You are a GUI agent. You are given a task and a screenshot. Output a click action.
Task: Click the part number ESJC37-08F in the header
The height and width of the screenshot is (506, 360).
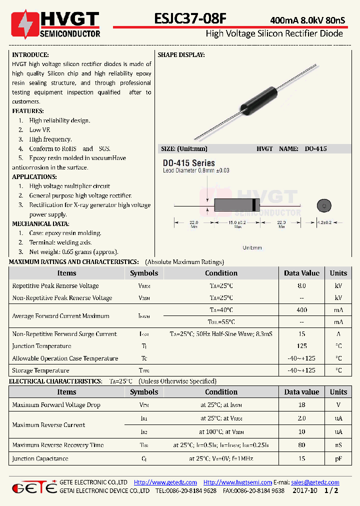click(x=190, y=18)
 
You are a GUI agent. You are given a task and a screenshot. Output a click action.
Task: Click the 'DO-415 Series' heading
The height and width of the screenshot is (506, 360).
click(x=188, y=163)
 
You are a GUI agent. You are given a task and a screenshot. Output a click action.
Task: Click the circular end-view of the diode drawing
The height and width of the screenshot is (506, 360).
click(x=324, y=205)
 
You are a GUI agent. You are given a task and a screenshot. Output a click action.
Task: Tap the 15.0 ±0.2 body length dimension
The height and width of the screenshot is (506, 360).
click(x=237, y=222)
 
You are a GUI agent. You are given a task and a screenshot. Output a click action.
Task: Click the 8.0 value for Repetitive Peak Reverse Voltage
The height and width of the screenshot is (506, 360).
click(x=301, y=286)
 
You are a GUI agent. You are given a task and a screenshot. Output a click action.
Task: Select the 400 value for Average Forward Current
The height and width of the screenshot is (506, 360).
click(x=301, y=310)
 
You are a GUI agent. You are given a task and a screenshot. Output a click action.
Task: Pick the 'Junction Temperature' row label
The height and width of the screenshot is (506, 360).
click(x=41, y=346)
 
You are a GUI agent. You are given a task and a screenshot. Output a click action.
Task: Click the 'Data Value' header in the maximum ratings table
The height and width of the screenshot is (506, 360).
click(x=301, y=273)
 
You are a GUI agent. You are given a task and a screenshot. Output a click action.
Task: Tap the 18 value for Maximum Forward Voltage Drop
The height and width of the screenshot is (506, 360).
click(x=301, y=405)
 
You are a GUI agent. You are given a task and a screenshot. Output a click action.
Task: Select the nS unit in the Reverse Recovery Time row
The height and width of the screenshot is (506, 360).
click(x=338, y=445)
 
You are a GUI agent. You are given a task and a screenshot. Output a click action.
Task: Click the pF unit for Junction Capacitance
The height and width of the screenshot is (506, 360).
click(x=338, y=458)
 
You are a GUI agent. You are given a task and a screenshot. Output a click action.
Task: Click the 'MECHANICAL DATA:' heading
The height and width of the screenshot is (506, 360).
click(x=40, y=224)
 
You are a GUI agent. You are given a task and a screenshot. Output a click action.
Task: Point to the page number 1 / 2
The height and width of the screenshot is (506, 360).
click(x=331, y=491)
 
